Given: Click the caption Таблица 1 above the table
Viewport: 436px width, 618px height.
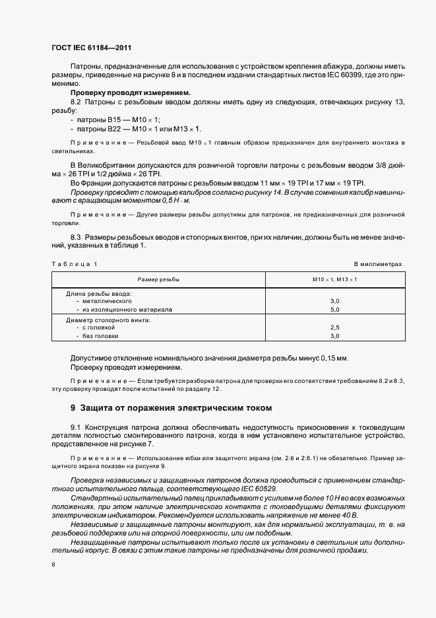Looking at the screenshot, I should [74, 264].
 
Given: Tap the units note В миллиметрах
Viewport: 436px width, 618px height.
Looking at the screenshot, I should [378, 264].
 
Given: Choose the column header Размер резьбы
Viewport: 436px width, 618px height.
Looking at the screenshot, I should [159, 279].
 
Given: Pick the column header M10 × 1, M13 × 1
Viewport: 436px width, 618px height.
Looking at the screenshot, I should [334, 279].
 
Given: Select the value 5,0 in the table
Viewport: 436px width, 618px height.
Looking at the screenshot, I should [334, 309].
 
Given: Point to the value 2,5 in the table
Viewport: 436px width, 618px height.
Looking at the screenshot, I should [334, 327].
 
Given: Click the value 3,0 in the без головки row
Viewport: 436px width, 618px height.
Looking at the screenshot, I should [334, 336].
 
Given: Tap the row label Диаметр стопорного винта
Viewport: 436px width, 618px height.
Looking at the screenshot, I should [108, 320].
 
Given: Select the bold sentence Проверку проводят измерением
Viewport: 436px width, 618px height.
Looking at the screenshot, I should [130, 93].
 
